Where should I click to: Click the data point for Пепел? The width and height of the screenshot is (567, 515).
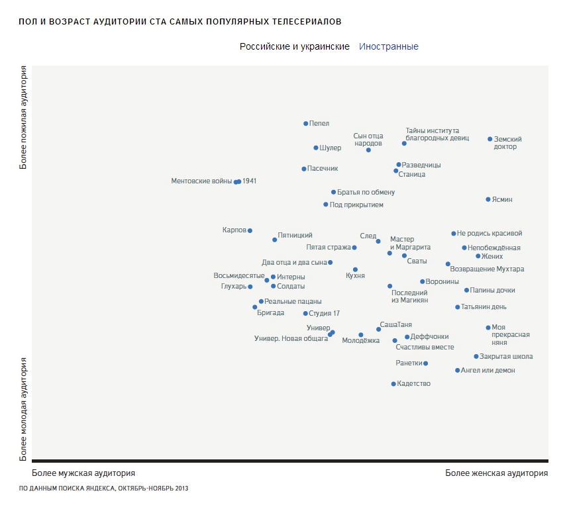(305, 123)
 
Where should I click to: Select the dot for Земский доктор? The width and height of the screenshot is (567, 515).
(490, 139)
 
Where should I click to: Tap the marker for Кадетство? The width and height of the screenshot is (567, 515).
(393, 384)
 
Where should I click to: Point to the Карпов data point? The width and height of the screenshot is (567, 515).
(250, 230)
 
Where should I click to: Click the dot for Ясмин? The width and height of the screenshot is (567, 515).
(488, 199)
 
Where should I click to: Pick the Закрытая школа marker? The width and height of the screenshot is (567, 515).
(476, 356)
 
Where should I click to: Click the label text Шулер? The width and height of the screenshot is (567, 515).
(331, 148)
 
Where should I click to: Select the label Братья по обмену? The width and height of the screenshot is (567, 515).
(366, 193)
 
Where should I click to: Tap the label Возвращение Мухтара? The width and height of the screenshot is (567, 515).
(487, 269)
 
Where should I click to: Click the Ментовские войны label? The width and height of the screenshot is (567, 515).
(201, 181)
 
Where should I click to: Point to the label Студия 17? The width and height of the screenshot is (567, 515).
(325, 314)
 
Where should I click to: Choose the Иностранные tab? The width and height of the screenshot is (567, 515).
(389, 47)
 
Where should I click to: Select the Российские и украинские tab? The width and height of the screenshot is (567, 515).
(295, 47)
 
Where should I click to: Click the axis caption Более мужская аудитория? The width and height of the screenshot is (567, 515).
(83, 473)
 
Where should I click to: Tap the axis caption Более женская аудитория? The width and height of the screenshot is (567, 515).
(496, 473)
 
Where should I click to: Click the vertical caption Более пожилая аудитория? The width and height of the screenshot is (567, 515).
(24, 117)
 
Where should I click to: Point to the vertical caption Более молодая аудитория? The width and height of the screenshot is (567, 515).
(24, 408)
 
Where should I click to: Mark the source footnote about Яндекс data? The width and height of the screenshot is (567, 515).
(104, 489)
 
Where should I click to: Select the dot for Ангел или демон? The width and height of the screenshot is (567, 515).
(457, 371)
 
